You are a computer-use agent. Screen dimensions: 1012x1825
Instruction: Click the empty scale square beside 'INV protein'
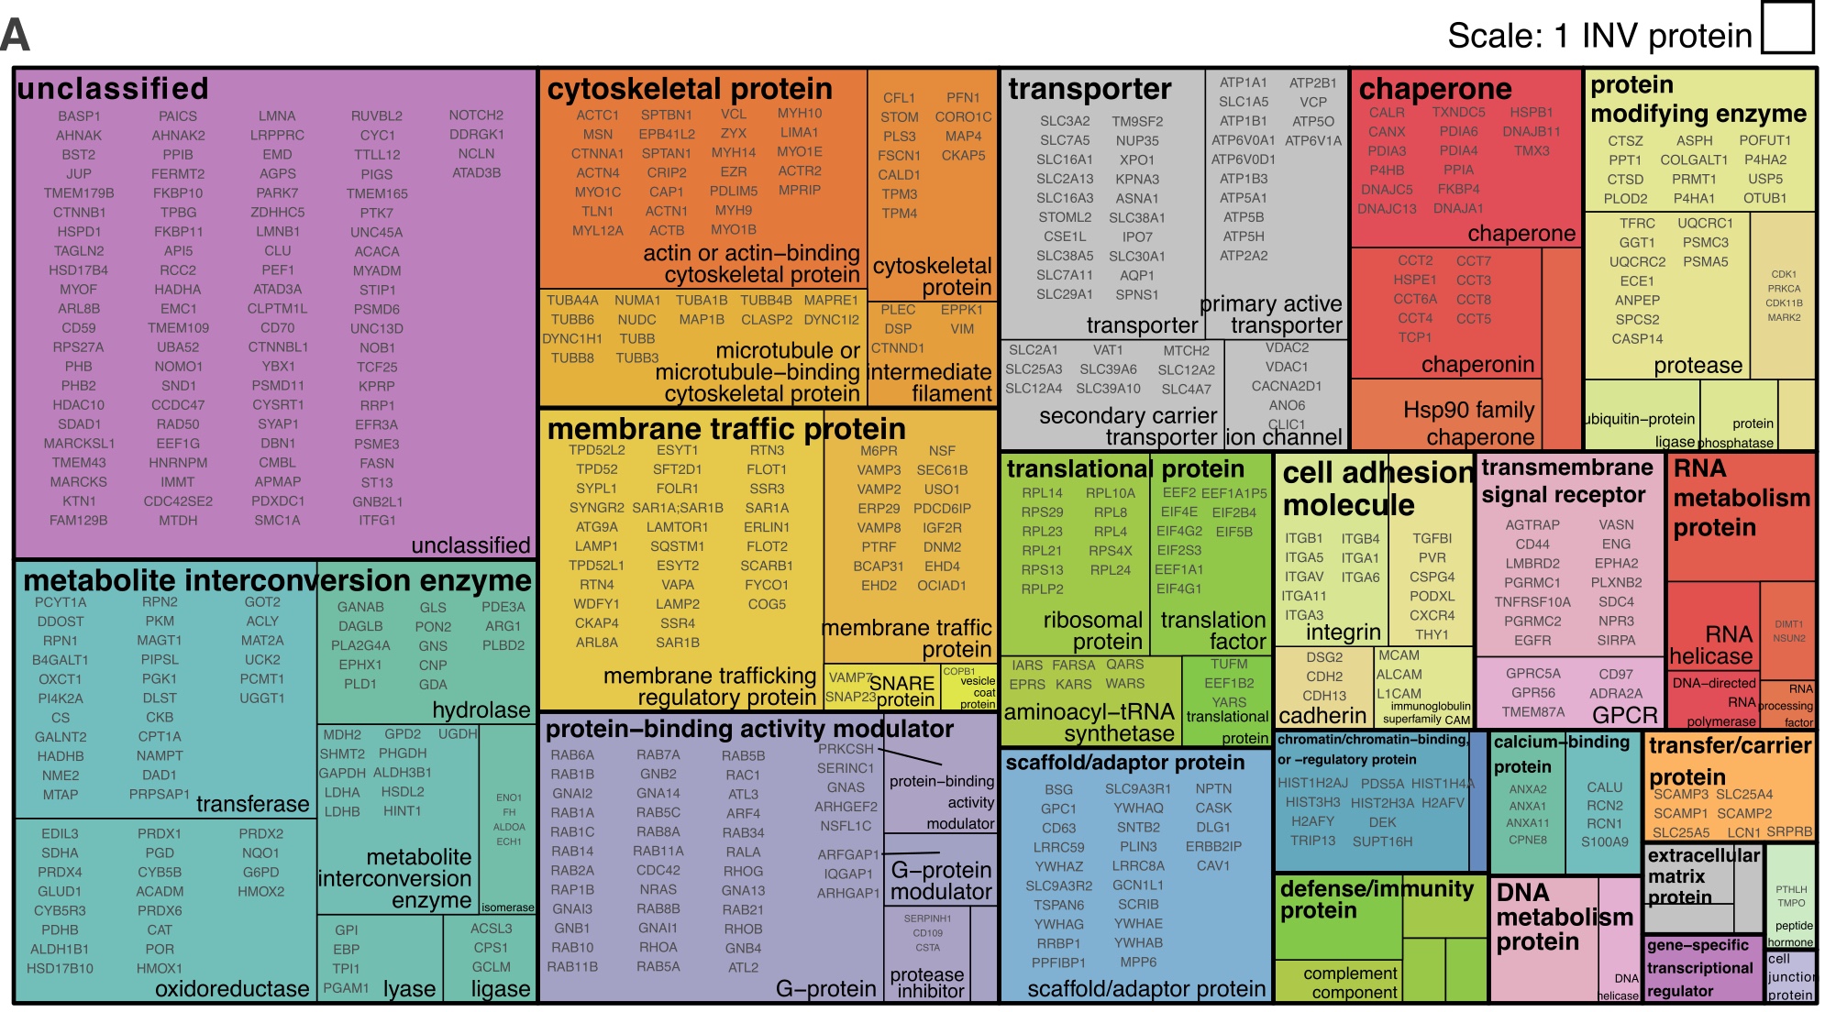point(1787,28)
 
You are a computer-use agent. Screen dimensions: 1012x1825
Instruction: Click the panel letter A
point(16,35)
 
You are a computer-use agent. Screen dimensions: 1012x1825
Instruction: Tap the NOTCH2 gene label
point(476,115)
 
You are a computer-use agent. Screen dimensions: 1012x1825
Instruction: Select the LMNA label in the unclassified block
point(277,116)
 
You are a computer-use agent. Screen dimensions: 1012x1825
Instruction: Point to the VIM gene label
point(962,329)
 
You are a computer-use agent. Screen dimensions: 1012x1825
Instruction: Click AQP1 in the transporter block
point(1137,275)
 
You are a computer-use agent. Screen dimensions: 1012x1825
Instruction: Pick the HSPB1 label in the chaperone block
point(1532,113)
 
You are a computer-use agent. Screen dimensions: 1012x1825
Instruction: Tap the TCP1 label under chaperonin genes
point(1415,337)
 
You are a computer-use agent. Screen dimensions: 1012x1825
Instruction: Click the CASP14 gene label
point(1637,339)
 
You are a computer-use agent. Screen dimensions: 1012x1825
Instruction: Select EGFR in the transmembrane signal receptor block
point(1532,641)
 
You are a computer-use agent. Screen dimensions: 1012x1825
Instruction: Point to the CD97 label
point(1616,674)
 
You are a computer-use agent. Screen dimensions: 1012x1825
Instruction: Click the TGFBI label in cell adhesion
point(1432,539)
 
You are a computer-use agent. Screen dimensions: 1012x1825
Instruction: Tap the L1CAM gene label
point(1399,694)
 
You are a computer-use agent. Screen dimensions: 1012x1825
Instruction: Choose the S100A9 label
point(1605,842)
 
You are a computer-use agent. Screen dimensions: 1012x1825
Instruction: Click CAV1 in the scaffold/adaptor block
point(1213,866)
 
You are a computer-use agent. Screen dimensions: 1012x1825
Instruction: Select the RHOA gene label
point(658,948)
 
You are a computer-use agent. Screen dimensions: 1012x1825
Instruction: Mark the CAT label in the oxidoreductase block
point(160,930)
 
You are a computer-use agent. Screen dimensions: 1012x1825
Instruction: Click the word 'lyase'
point(409,989)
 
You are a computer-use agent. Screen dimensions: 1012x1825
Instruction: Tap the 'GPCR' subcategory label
point(1625,715)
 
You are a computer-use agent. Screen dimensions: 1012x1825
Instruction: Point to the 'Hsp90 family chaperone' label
point(1468,423)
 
